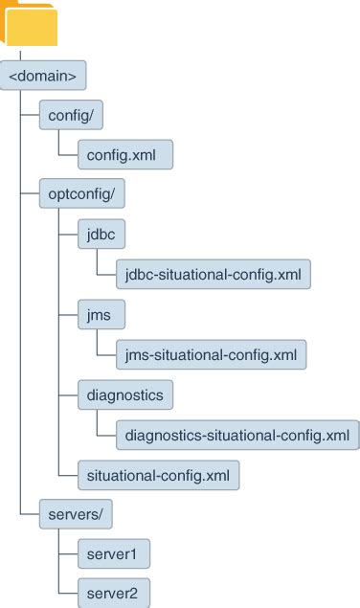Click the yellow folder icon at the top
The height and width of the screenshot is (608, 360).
[x=30, y=24]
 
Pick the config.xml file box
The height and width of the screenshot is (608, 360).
[x=124, y=153]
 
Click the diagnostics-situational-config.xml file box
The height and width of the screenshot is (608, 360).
[x=236, y=434]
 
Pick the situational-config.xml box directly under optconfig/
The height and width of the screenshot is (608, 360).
[x=157, y=473]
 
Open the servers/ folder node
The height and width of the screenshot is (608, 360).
[x=75, y=513]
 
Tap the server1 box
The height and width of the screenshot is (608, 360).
[x=112, y=553]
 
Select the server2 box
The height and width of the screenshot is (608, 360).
[x=112, y=593]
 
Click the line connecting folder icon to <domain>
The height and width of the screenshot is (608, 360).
[x=21, y=55]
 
